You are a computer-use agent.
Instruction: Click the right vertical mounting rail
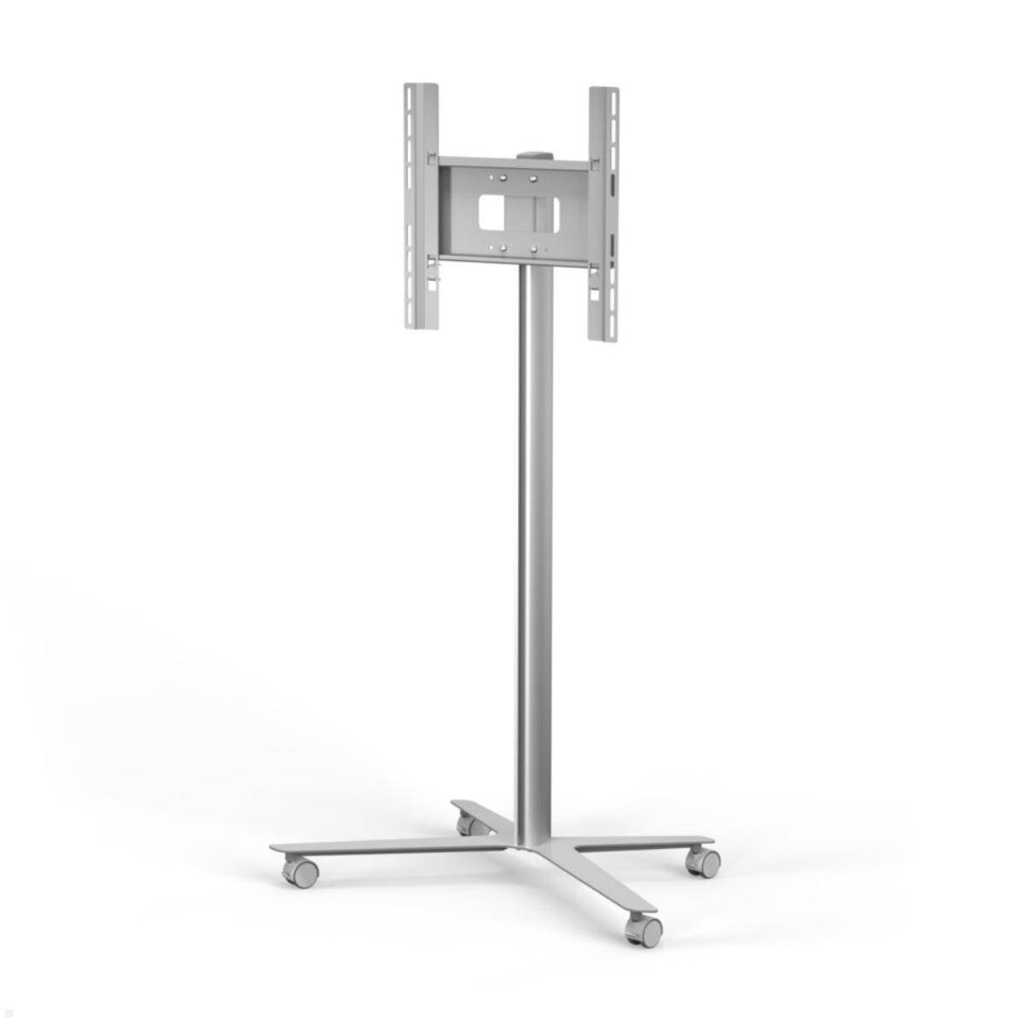click(602, 213)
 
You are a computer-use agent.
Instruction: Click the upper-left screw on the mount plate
click(503, 178)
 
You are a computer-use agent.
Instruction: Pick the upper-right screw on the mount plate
click(533, 179)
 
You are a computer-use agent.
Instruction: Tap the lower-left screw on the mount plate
click(503, 248)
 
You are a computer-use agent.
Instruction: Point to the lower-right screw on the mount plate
click(533, 249)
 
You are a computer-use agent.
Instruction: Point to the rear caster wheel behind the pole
click(468, 825)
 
